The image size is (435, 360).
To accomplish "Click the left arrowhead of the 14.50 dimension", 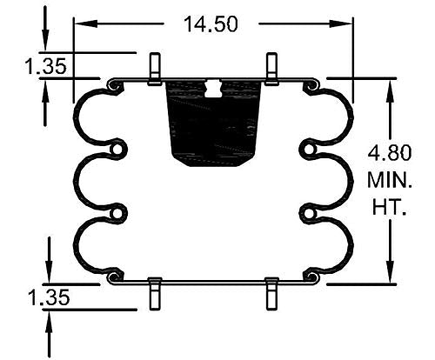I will [x=79, y=23].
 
